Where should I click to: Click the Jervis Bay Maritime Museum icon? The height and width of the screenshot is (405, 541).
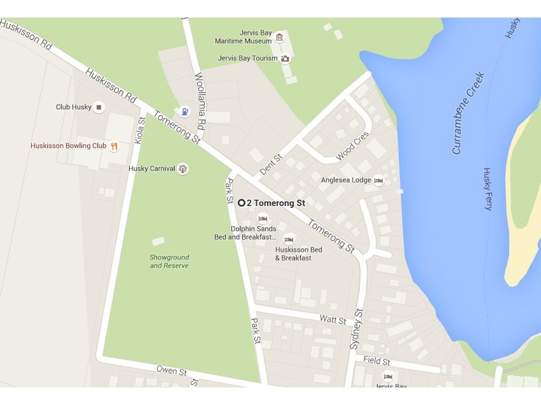coord(279,36)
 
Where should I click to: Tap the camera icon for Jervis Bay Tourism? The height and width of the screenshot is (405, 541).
coord(285,58)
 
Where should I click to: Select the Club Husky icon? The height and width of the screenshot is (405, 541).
coord(99,107)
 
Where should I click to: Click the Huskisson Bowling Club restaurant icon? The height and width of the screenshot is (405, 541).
coord(114,145)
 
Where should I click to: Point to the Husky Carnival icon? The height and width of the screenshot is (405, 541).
coord(183,169)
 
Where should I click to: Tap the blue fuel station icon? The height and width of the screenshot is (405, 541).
coord(185,111)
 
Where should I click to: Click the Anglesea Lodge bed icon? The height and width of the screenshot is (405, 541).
coord(379,180)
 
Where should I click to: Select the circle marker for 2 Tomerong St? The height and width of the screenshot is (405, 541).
coord(241,202)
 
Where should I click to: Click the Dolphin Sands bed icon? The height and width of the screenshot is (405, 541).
coord(262,218)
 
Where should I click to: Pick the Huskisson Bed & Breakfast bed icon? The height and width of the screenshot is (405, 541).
coord(289,239)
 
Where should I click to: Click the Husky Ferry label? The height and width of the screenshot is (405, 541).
coord(487,189)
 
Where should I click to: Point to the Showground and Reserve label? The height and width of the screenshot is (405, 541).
coord(169,261)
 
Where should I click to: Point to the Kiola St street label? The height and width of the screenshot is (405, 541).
coord(141,130)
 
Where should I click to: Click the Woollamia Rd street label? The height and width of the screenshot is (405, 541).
coord(199,101)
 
